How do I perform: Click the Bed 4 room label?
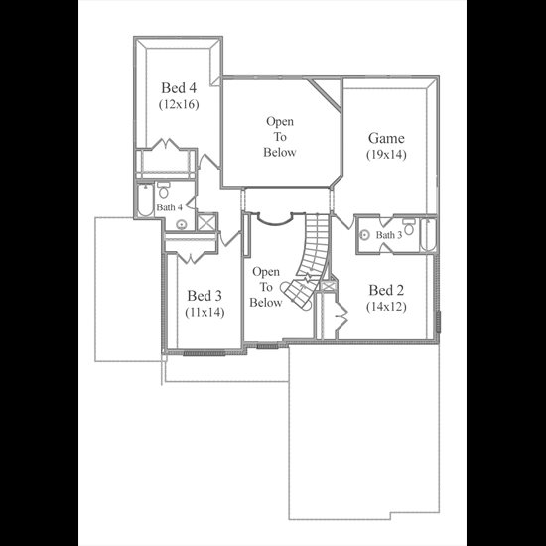pos(179,88)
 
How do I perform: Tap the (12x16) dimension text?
pos(179,104)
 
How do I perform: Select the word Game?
pos(386,138)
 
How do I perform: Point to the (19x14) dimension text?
pos(386,155)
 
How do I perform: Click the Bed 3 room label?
pos(205,296)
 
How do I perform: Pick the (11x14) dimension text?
pos(205,312)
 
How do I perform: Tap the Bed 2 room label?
pos(386,290)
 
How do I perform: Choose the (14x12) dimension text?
pos(386,307)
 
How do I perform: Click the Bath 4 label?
pos(169,207)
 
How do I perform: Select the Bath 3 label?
pos(389,235)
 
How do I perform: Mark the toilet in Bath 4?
pos(163,190)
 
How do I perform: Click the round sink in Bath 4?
pos(181,225)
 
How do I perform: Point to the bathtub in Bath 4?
pos(145,200)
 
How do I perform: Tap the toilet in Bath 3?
pos(409,226)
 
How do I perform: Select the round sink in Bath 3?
pos(364,235)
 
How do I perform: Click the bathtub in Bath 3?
pos(428,234)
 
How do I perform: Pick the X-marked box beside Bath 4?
pos(206,222)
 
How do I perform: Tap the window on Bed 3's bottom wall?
pos(205,353)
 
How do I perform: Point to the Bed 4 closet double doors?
pos(167,144)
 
